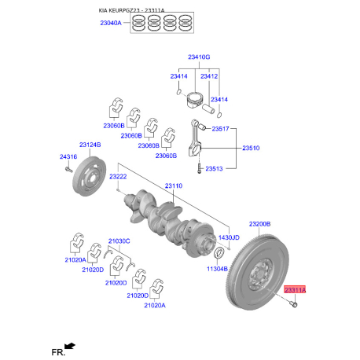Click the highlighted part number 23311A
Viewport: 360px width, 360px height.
pyautogui.click(x=296, y=291)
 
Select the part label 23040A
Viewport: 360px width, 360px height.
pyautogui.click(x=110, y=24)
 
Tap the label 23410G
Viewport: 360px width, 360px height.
pyautogui.click(x=200, y=57)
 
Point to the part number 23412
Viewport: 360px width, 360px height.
pyautogui.click(x=208, y=76)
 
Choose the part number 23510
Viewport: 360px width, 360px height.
pyautogui.click(x=251, y=148)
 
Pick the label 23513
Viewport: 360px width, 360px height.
pyautogui.click(x=215, y=168)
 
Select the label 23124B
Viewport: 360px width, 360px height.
pyautogui.click(x=89, y=145)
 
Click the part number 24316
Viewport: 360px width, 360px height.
pyautogui.click(x=68, y=157)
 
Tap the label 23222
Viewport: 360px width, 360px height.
pyautogui.click(x=118, y=176)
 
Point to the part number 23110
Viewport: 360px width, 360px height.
pyautogui.click(x=173, y=186)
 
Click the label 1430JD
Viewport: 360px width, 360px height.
pyautogui.click(x=228, y=237)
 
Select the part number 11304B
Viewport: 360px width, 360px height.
pyautogui.click(x=217, y=269)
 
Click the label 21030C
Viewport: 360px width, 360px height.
pyautogui.click(x=119, y=240)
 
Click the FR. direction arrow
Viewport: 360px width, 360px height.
pyautogui.click(x=70, y=345)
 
